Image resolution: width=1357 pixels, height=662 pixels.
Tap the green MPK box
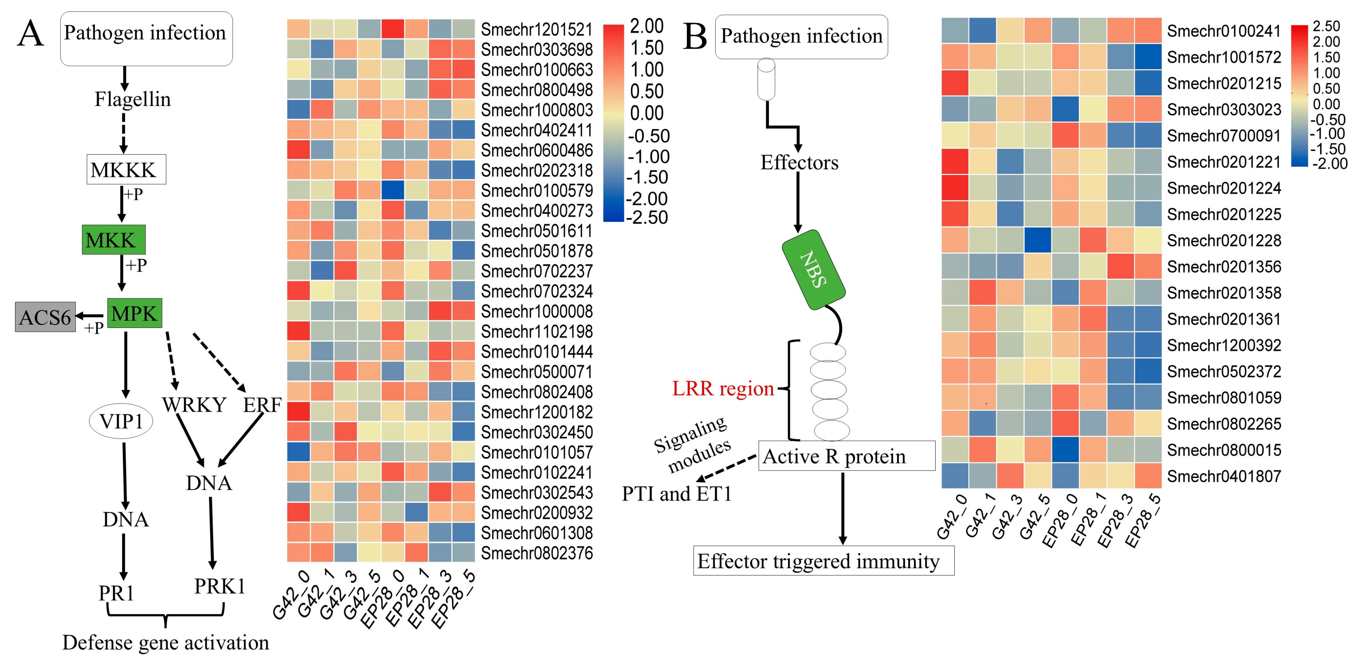[134, 313]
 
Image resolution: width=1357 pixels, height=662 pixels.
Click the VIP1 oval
[121, 421]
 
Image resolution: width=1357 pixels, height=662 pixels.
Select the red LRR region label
[723, 389]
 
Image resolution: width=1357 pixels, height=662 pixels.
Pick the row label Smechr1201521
[537, 30]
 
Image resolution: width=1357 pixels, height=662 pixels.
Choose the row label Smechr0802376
[537, 553]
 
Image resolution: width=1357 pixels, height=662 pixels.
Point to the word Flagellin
[133, 99]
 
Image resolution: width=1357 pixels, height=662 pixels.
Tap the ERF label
[262, 405]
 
